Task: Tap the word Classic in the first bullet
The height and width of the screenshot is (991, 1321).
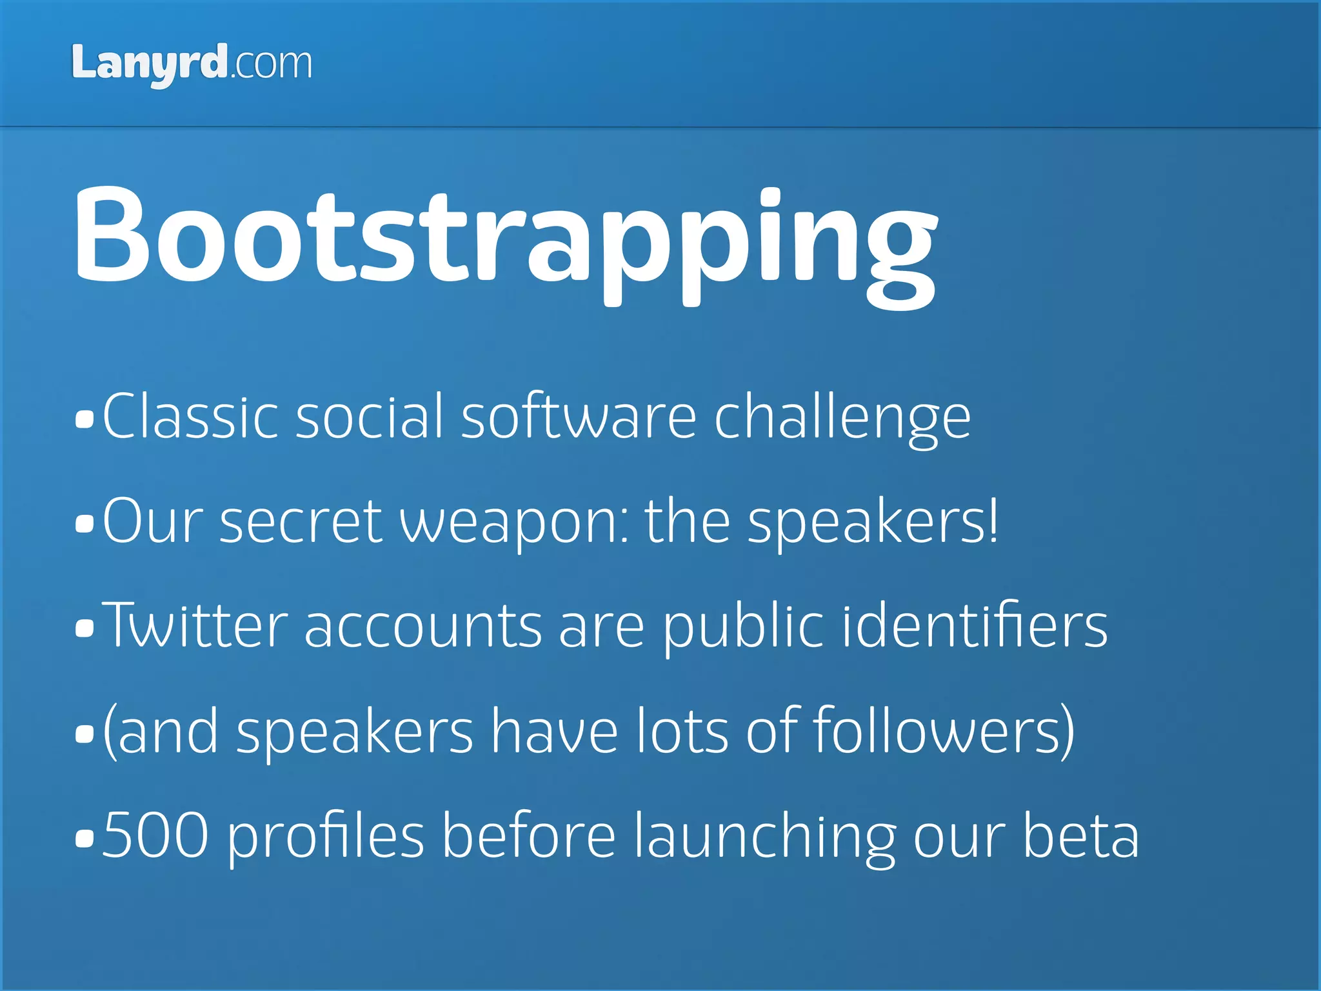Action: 190,417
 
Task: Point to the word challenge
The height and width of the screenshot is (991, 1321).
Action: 842,418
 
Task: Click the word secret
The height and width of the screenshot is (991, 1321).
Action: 301,521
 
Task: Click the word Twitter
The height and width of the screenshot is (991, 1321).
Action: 195,626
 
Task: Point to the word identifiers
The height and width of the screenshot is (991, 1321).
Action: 975,626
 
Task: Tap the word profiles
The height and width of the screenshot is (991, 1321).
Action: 326,836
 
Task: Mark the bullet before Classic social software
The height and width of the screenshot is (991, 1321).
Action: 84,420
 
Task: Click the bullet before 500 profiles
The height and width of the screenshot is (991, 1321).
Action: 84,838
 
